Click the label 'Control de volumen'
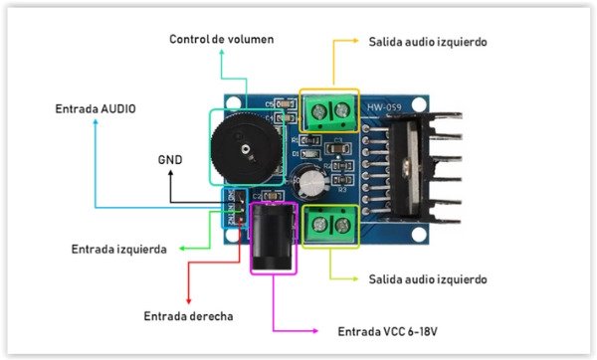pos(221,39)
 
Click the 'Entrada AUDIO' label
pos(96,107)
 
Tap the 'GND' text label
pos(170,159)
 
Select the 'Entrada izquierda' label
pos(118,249)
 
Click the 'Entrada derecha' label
pos(188,316)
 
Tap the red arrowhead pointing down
pos(188,301)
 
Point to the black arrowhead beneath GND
pos(170,175)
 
